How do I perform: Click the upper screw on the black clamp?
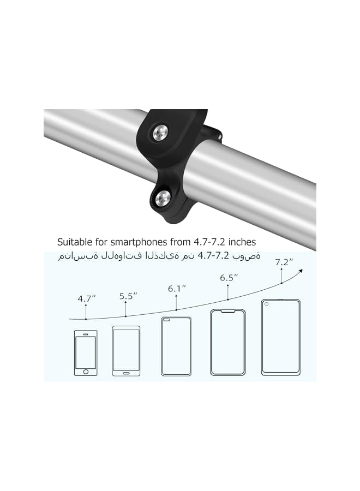pyautogui.click(x=161, y=132)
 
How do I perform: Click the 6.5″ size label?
pyautogui.click(x=229, y=277)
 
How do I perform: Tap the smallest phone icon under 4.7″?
pyautogui.click(x=86, y=352)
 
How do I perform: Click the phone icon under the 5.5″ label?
pyautogui.click(x=126, y=351)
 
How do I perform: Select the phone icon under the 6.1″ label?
pyautogui.click(x=176, y=346)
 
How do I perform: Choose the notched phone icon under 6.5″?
pyautogui.click(x=227, y=342)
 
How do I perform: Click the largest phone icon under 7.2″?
pyautogui.click(x=280, y=337)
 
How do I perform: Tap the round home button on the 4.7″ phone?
pyautogui.click(x=86, y=372)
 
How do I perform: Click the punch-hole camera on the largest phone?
pyautogui.click(x=267, y=304)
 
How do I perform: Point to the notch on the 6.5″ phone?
pyautogui.click(x=227, y=312)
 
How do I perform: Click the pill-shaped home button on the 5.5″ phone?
pyautogui.click(x=126, y=372)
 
